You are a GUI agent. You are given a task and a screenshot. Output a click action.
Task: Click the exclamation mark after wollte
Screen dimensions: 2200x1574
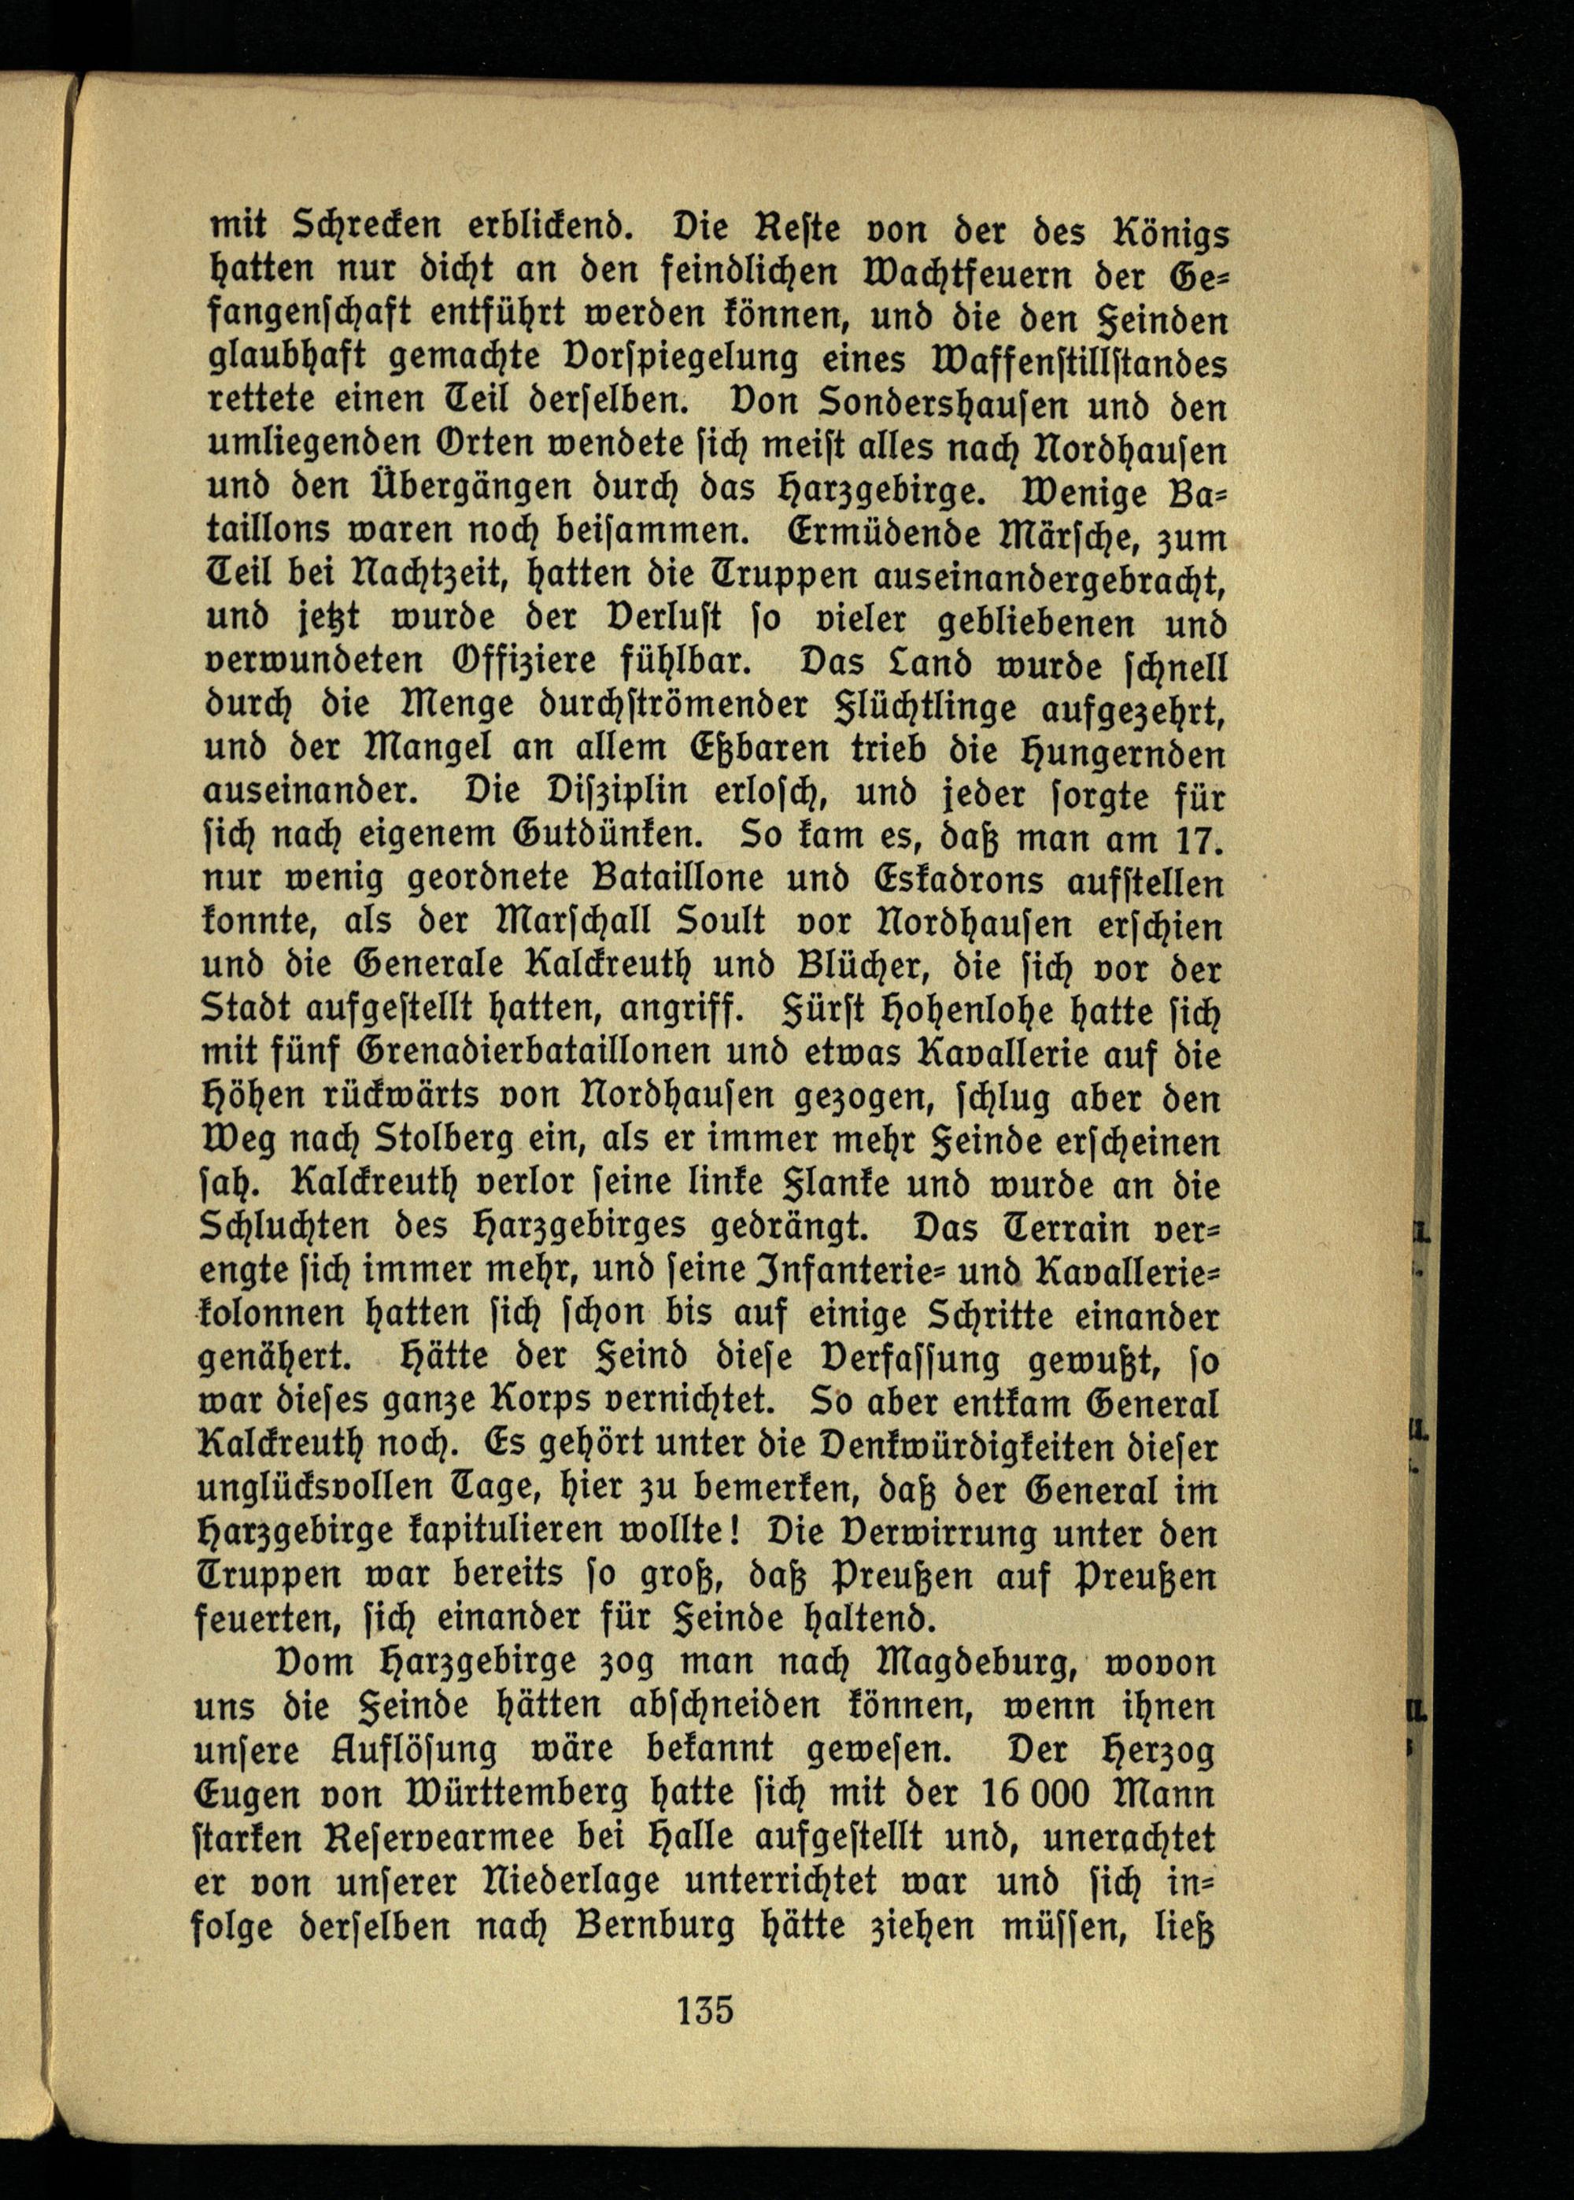point(738,1533)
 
